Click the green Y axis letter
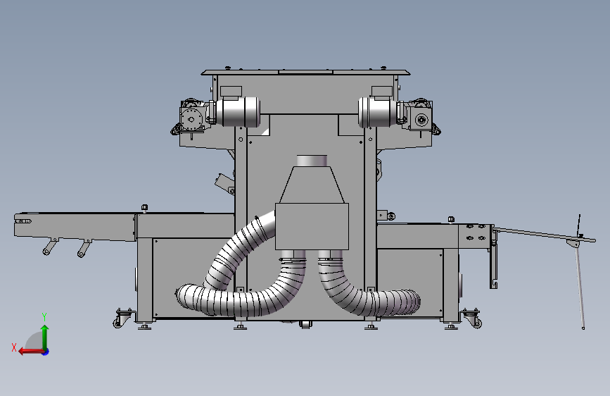pyautogui.click(x=44, y=317)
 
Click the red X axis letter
pyautogui.click(x=14, y=347)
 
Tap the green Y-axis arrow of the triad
pyautogui.click(x=45, y=337)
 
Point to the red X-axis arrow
pyautogui.click(x=31, y=352)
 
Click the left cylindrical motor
pyautogui.click(x=238, y=111)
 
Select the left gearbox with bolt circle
pyautogui.click(x=191, y=118)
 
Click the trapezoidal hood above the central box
pyautogui.click(x=312, y=185)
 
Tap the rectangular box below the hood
pyautogui.click(x=312, y=226)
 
